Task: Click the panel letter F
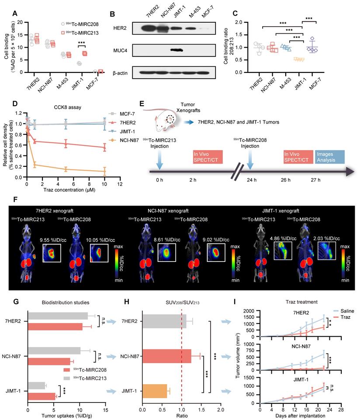[x=4, y=199]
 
